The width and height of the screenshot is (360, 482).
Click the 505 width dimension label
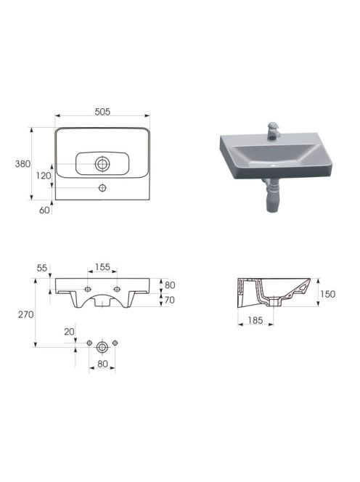coord(102,112)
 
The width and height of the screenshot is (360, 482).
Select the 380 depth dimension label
coord(22,164)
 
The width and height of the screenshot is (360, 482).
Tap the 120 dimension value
coord(44,176)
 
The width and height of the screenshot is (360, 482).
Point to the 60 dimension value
coord(44,211)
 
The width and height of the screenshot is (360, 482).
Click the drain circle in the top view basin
coord(102,164)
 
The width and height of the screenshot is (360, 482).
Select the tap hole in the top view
coord(102,188)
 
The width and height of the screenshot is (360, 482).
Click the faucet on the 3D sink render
coord(273,131)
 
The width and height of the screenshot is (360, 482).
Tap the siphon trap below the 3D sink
coord(271,196)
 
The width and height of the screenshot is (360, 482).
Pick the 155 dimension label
coord(102,267)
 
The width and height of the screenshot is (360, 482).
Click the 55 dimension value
coord(42,268)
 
